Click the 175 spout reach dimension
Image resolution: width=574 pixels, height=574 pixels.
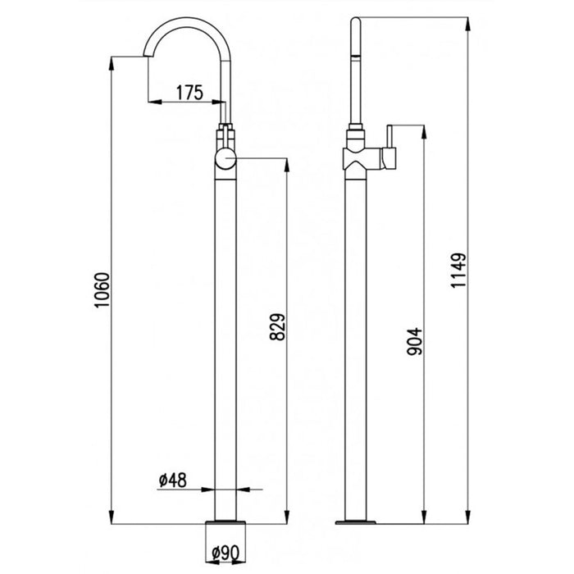[189, 92]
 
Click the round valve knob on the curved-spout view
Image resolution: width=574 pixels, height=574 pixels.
[225, 160]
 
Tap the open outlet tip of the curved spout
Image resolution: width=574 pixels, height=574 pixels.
[147, 53]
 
